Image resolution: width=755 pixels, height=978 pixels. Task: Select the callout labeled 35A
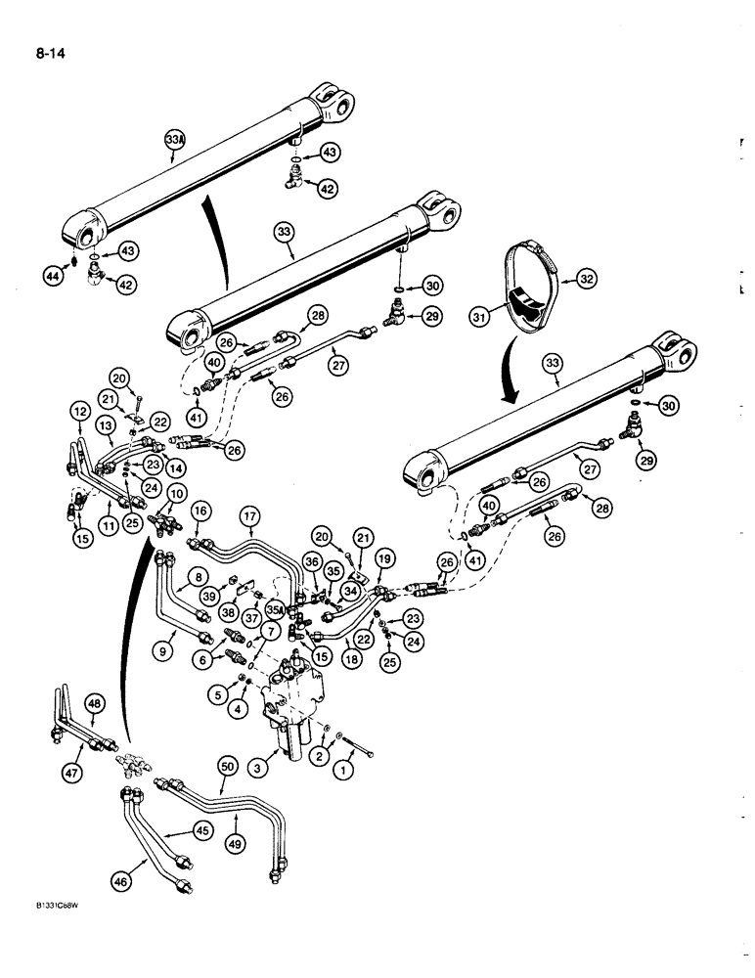[273, 608]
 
